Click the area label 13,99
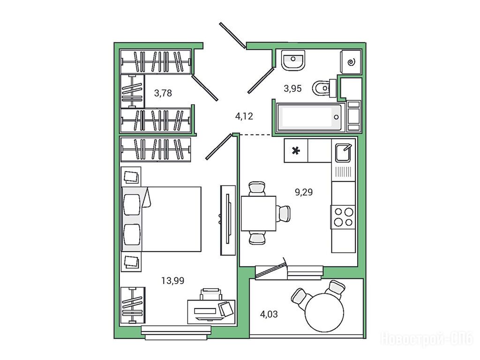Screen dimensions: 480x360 (x=172, y=280)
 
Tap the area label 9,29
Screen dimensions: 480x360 (x=304, y=192)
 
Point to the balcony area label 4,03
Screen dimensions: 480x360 (x=269, y=314)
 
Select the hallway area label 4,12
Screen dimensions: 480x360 (x=244, y=116)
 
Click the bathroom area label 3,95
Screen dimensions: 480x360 (x=292, y=89)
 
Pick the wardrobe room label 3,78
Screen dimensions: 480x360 (x=163, y=93)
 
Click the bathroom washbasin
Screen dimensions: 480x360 (x=293, y=60)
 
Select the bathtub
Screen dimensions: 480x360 (x=310, y=117)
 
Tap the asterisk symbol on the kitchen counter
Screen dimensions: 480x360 (x=296, y=150)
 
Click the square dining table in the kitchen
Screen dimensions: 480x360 (x=259, y=213)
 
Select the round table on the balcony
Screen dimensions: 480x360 (x=324, y=312)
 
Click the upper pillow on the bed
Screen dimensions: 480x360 (x=132, y=204)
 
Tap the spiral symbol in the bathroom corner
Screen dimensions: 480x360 (x=351, y=62)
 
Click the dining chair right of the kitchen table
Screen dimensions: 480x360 (x=284, y=213)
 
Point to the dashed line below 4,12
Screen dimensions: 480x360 (x=255, y=135)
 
